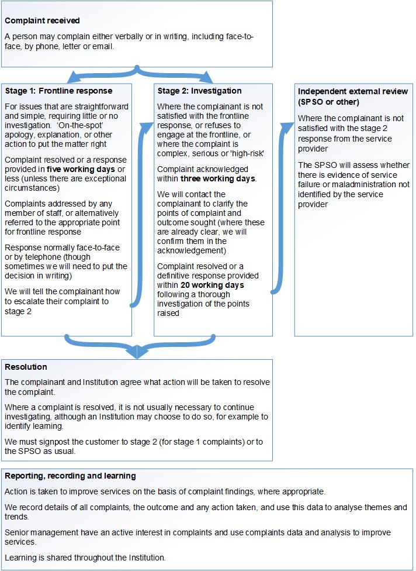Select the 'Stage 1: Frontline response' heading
58,91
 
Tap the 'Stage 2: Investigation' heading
199,91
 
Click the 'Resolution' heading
26,367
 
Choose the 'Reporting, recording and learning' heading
70,476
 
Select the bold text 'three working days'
217,178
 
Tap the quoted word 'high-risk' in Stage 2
248,153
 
